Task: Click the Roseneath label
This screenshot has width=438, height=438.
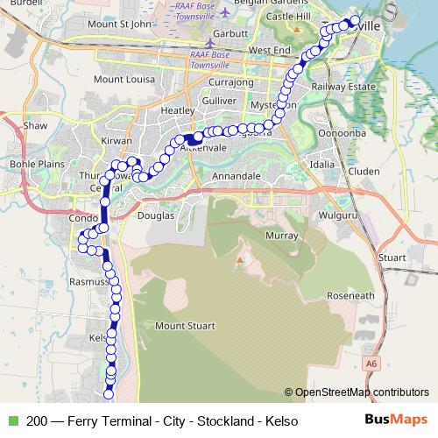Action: (x=350, y=296)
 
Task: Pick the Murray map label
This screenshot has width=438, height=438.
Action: (x=282, y=237)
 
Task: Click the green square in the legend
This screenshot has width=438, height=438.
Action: (x=12, y=421)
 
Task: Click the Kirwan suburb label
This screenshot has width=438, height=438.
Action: (x=116, y=140)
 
